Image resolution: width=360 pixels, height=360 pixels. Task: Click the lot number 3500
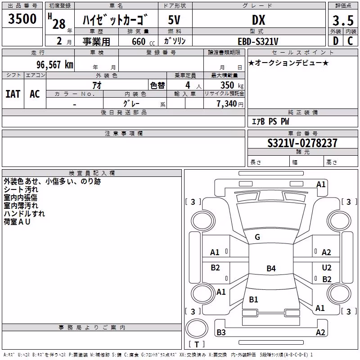pyautogui.click(x=22, y=19)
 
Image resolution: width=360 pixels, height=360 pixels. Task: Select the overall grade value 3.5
pyautogui.click(x=343, y=20)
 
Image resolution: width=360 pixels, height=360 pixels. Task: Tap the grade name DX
pyautogui.click(x=258, y=20)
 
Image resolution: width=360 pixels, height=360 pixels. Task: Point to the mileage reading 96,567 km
pyautogui.click(x=55, y=65)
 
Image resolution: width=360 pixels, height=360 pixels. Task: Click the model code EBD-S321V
pyautogui.click(x=258, y=41)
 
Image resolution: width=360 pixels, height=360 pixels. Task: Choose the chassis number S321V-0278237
pyautogui.click(x=302, y=143)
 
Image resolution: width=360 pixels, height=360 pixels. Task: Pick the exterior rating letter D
pyautogui.click(x=336, y=41)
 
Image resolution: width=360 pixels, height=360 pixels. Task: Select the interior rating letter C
pyautogui.click(x=350, y=41)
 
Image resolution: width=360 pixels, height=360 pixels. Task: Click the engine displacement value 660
pyautogui.click(x=139, y=41)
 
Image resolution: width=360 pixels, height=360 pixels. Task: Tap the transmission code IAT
pyautogui.click(x=13, y=94)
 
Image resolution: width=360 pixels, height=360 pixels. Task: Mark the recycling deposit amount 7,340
pyautogui.click(x=227, y=104)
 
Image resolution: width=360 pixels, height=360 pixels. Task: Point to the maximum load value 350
pyautogui.click(x=227, y=85)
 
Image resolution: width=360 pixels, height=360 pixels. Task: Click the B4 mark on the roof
pyautogui.click(x=271, y=268)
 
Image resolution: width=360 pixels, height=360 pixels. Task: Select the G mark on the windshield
pyautogui.click(x=257, y=237)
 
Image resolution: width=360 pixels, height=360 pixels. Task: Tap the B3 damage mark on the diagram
pyautogui.click(x=221, y=332)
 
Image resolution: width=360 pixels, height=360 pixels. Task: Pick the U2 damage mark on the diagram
pyautogui.click(x=327, y=267)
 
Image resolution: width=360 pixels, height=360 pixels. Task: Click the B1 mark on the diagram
pyautogui.click(x=253, y=299)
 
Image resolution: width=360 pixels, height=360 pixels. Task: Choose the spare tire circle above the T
pyautogui.click(x=197, y=328)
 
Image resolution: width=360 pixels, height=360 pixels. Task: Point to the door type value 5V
pyautogui.click(x=174, y=20)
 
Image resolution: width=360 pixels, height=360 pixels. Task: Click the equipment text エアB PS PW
pyautogui.click(x=270, y=121)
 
